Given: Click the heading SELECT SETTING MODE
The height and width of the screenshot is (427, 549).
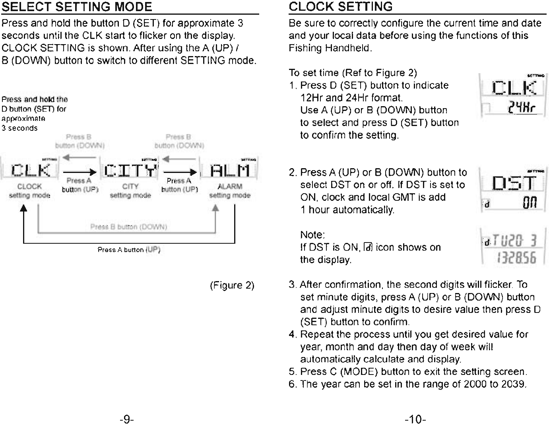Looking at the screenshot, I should click(77, 7).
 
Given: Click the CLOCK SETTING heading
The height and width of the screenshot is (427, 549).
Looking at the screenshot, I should click(340, 7).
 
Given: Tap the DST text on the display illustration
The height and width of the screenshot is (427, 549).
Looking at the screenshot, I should click(514, 183).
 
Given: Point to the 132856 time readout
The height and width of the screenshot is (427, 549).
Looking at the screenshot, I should click(516, 259).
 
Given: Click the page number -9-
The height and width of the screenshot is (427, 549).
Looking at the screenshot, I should click(126, 419).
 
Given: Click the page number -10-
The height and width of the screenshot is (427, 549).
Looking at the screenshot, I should click(415, 419).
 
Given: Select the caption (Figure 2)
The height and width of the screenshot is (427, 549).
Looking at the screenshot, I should click(232, 285).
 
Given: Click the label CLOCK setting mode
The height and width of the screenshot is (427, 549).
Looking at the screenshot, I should click(30, 191).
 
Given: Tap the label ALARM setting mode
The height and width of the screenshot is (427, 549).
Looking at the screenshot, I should click(230, 191).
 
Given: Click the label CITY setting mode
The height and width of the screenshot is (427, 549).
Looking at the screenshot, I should click(130, 191).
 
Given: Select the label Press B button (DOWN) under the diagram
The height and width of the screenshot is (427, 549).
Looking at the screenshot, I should click(128, 227).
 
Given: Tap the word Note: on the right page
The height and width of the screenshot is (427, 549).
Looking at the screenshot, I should click(312, 235).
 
